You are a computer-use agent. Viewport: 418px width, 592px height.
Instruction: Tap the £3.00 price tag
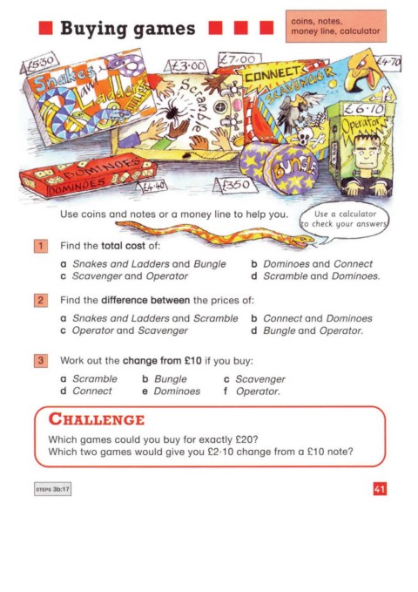coord(186,66)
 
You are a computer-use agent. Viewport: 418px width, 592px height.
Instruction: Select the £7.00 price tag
coord(239,60)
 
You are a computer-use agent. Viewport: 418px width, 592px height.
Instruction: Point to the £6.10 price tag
coord(364,109)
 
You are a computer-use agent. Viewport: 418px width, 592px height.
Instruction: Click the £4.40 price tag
coord(152,187)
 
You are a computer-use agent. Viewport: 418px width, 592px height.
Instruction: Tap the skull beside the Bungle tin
coord(306,136)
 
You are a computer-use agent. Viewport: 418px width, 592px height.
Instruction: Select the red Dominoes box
coord(89,174)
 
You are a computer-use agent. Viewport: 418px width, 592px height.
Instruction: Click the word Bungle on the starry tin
coord(294,169)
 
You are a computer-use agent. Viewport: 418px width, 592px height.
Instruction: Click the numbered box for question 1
coord(41,246)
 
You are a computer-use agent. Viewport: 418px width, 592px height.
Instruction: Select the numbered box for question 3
coord(41,361)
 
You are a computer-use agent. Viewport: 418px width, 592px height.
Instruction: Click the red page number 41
coord(380,489)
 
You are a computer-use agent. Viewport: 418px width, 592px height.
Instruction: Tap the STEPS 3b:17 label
coord(52,489)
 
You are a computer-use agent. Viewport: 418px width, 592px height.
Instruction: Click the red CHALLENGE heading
coord(97,419)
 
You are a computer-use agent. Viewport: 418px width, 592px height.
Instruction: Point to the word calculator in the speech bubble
coord(357,214)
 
